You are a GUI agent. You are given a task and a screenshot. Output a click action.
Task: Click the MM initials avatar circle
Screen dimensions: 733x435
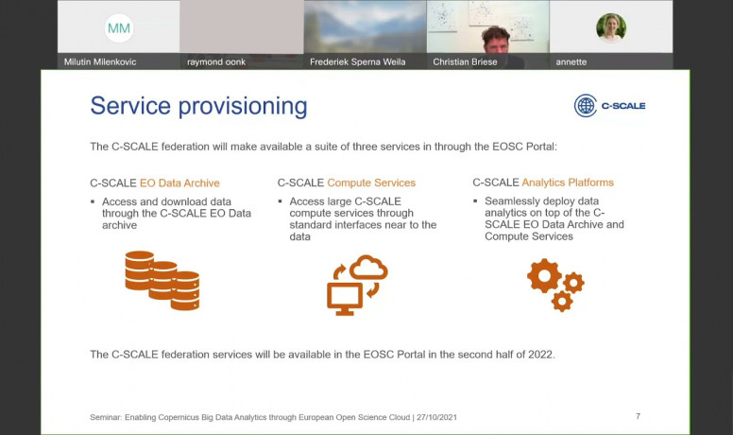(x=119, y=28)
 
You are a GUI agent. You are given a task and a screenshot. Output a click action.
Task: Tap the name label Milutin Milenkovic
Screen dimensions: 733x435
(x=100, y=61)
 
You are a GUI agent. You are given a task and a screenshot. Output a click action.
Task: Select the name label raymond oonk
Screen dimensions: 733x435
(x=216, y=61)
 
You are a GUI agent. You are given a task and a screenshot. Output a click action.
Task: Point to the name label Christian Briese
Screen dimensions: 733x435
(x=465, y=61)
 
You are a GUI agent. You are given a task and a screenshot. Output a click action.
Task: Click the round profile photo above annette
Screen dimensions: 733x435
(x=611, y=28)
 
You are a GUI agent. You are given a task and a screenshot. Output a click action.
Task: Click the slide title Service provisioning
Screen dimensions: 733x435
(x=198, y=106)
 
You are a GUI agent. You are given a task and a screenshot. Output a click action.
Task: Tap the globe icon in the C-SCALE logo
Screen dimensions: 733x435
(x=586, y=106)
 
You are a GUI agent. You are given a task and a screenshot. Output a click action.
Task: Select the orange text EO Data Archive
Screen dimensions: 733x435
(x=179, y=183)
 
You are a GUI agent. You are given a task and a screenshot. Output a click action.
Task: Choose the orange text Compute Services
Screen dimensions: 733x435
(x=371, y=183)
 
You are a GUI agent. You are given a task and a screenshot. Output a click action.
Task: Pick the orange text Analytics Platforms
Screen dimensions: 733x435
(x=568, y=183)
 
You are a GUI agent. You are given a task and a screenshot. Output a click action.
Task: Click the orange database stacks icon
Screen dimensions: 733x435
(x=162, y=281)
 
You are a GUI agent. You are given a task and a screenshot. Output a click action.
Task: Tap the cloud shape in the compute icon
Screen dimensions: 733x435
(x=368, y=267)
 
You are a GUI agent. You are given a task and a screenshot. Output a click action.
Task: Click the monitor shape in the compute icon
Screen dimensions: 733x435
(x=345, y=299)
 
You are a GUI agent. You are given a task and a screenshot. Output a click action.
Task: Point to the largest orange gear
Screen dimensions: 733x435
(x=544, y=276)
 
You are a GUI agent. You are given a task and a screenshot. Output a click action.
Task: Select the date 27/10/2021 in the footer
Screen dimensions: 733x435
(x=436, y=417)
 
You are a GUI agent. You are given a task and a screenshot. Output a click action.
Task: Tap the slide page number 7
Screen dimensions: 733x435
(x=639, y=416)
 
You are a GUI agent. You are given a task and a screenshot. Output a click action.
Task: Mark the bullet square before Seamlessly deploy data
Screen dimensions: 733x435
(x=475, y=200)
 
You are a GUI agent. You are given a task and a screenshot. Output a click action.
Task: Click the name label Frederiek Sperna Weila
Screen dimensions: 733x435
(x=358, y=61)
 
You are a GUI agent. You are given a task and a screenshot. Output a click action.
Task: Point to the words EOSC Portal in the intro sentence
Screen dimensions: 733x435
(x=523, y=147)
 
